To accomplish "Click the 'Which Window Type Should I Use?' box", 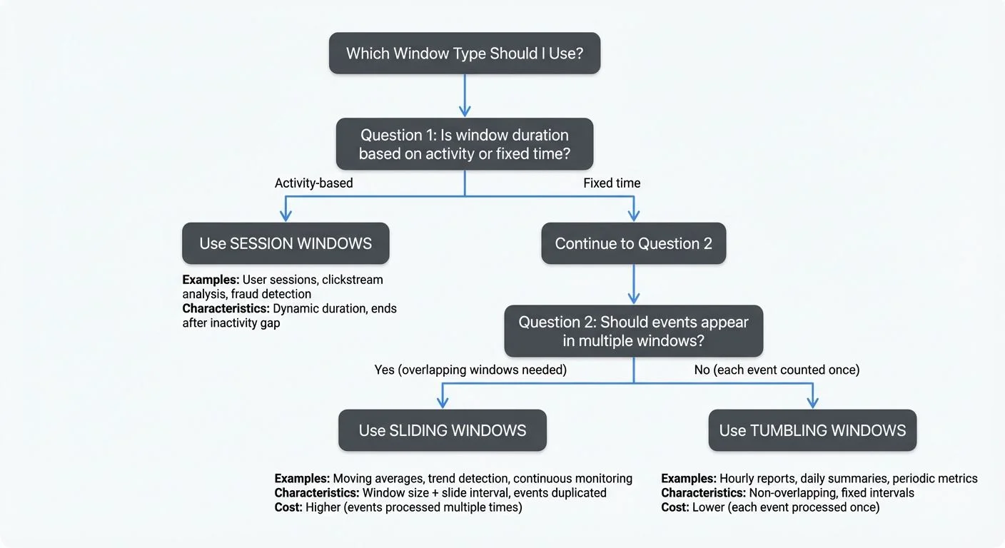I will (465, 53).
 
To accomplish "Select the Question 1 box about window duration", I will (465, 143).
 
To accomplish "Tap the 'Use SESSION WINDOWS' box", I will (286, 243).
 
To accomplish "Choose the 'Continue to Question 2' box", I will (633, 243).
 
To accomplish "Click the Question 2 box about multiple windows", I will (633, 331).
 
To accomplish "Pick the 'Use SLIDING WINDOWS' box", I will (443, 430).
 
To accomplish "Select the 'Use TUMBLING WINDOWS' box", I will (812, 430).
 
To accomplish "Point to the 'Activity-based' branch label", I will (314, 183).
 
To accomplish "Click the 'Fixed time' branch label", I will (612, 183).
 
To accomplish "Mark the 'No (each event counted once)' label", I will (777, 370).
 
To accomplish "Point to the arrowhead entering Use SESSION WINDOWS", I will (286, 216).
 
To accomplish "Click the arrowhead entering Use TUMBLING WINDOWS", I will (812, 403).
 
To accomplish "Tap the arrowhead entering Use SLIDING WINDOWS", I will (443, 403).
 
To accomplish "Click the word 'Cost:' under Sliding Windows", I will (288, 507).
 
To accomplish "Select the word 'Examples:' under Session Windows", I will (211, 280).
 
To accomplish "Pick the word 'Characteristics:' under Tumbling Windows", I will (703, 493).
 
